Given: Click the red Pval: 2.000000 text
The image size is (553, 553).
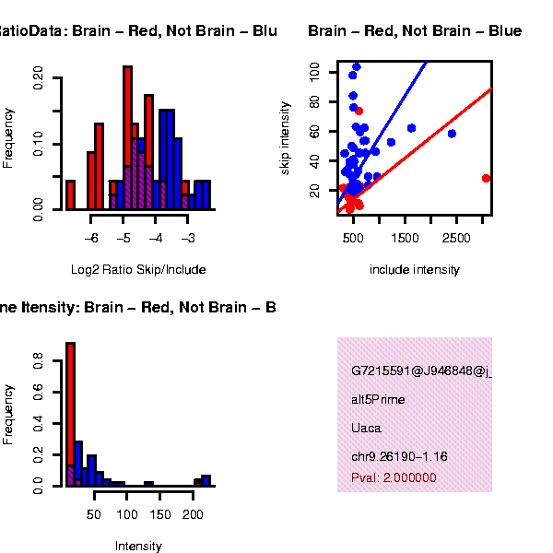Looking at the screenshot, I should [394, 478].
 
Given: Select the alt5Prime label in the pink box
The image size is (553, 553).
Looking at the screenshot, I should [378, 400].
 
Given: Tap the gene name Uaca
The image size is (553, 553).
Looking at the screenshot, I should [366, 428].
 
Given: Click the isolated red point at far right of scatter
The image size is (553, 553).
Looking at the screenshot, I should [486, 178].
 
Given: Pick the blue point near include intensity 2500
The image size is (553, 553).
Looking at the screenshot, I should [452, 134].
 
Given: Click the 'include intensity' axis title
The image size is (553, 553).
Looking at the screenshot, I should [414, 270].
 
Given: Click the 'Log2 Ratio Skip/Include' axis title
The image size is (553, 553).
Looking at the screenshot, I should [138, 270].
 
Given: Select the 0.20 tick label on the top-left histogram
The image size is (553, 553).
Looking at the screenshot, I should [39, 79].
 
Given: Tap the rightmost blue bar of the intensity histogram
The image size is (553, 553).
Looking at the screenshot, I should [206, 479].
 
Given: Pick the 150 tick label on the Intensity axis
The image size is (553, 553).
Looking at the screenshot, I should [160, 513].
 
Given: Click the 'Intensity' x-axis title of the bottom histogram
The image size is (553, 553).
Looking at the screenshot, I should [138, 546].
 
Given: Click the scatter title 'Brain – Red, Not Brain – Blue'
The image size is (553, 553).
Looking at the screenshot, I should [415, 31].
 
